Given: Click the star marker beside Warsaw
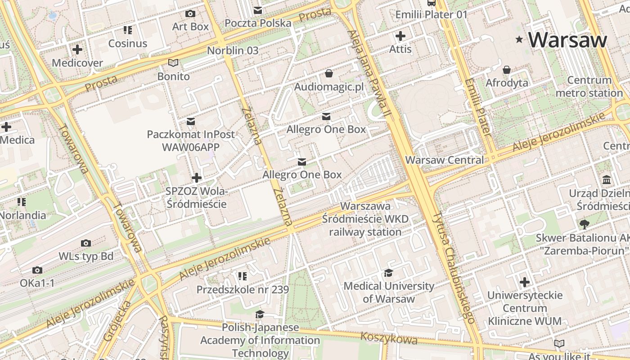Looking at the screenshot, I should [519, 40].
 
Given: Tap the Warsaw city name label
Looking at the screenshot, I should [568, 40].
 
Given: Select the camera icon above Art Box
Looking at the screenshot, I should [190, 13].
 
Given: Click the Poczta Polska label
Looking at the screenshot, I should [258, 22].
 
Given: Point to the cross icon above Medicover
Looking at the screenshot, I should [77, 49].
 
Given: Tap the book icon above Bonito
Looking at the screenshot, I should [173, 63].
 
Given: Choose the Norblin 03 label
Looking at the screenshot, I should [233, 50].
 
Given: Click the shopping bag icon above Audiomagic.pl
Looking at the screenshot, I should [329, 73].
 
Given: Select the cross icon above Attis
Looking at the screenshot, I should [400, 36].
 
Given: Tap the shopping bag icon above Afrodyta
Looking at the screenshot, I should [507, 70].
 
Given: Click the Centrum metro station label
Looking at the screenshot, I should [589, 87].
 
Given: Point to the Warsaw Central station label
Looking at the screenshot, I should [444, 160].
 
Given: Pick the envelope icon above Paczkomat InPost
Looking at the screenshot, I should [191, 121].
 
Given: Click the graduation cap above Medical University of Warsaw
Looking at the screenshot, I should [388, 273].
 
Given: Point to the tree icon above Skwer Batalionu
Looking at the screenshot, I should [585, 224].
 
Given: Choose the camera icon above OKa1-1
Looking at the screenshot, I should [37, 270].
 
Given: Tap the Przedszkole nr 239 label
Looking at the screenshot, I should [243, 289].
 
